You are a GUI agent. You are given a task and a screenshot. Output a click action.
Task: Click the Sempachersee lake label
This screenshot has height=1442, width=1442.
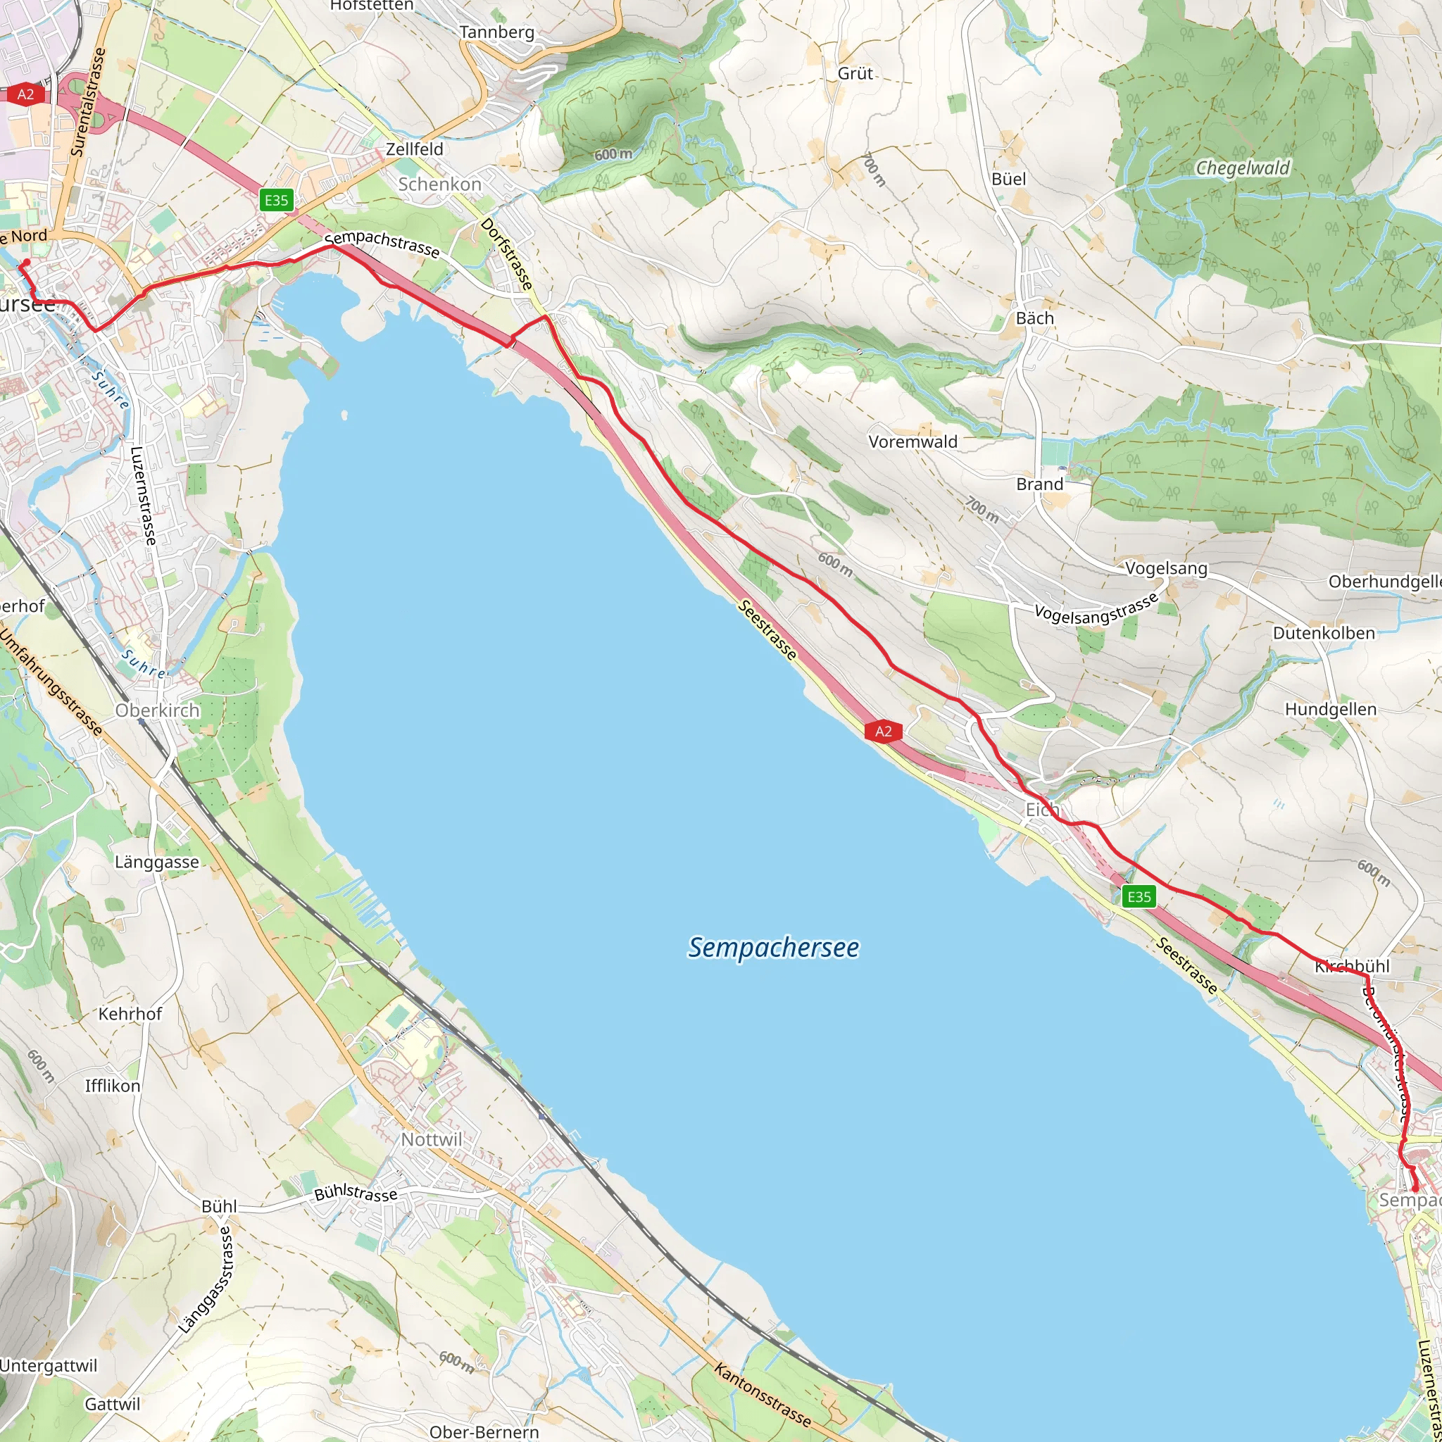click(773, 947)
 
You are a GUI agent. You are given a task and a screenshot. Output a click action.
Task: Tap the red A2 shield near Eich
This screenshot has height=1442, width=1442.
click(883, 731)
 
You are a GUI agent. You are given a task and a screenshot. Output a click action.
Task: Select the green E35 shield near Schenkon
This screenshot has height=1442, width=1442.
click(276, 199)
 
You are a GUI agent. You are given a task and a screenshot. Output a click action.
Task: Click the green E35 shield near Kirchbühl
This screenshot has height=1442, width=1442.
click(1139, 896)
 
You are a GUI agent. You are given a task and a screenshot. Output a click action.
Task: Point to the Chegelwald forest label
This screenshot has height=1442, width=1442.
click(1243, 168)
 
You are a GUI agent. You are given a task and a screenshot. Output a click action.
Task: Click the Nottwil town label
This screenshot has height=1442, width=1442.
click(432, 1140)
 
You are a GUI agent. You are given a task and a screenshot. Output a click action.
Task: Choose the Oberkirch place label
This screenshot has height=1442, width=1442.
click(158, 710)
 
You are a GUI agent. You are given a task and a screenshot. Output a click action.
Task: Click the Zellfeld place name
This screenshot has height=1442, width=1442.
click(414, 149)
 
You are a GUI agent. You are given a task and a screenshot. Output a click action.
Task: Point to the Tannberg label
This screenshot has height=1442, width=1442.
click(497, 32)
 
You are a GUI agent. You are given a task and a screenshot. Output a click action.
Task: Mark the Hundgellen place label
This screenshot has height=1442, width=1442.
click(1331, 709)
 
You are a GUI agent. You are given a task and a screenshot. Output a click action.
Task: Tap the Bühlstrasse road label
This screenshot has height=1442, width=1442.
click(356, 1193)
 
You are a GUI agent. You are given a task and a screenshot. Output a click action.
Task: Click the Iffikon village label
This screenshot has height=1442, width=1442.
click(113, 1086)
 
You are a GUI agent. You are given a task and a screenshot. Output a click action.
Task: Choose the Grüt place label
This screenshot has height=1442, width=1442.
click(855, 73)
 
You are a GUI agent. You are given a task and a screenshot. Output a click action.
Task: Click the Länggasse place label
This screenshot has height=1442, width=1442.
click(157, 862)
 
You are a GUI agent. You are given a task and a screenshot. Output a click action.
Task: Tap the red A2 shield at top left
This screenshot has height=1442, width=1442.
click(25, 94)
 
